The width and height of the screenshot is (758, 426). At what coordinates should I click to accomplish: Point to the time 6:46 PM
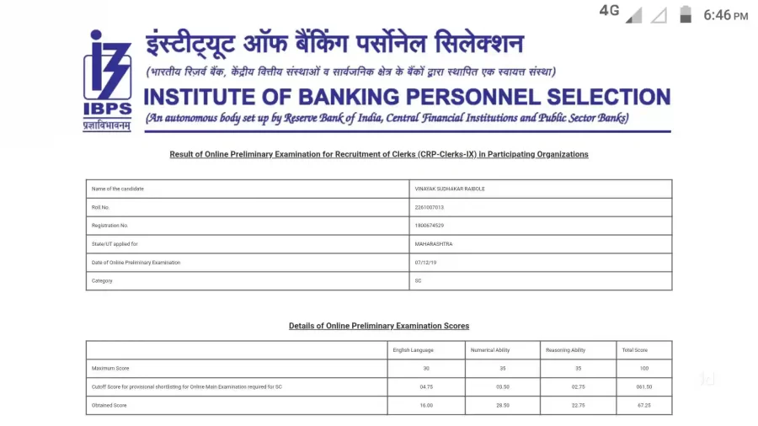coord(725,15)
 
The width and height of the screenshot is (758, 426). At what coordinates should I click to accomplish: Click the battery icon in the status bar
coord(686,14)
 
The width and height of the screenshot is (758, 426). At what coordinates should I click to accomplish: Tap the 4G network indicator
coord(609,11)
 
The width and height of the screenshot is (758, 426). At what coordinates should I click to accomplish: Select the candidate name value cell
coord(450,189)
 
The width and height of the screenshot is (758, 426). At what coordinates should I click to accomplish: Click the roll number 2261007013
coord(430,207)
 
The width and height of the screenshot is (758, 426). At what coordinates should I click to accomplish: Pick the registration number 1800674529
coord(430,226)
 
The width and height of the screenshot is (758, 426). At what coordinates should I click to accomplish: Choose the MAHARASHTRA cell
coord(434,244)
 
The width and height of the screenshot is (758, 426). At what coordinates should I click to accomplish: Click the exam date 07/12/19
coord(426,263)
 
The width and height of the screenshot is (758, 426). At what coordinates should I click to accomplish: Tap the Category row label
coord(102,281)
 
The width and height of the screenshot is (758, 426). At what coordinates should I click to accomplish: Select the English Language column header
coord(413,350)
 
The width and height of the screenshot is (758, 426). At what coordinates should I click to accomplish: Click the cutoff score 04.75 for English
coord(425,387)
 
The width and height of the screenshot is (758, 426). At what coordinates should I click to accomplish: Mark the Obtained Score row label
coord(109,406)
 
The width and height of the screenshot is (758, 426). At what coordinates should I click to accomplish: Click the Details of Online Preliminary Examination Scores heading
coord(379,326)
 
